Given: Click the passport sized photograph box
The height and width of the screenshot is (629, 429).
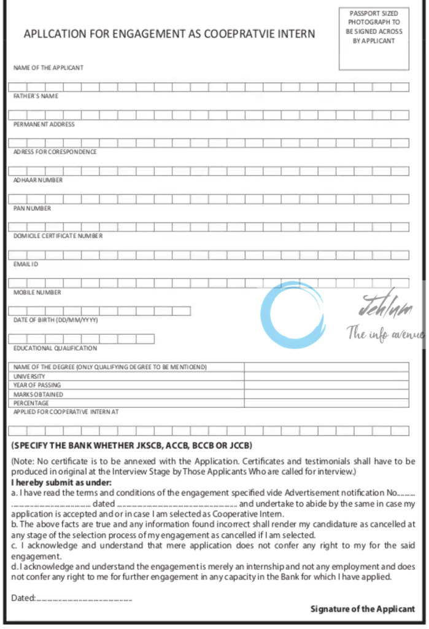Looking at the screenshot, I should (374, 38).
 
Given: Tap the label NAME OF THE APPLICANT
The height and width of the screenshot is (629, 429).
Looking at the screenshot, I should (48, 68).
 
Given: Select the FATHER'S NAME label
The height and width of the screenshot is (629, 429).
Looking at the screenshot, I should (36, 96).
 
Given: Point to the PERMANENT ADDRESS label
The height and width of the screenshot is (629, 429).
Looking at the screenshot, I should (44, 124).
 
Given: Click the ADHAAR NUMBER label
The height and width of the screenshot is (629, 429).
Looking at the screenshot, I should (38, 180).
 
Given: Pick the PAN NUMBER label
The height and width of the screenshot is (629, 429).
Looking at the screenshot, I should (32, 208).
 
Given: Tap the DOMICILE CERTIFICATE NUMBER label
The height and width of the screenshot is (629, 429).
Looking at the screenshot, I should (58, 236).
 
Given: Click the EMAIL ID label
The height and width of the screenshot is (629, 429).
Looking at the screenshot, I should (26, 264).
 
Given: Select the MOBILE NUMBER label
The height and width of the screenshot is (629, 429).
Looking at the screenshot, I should (37, 292).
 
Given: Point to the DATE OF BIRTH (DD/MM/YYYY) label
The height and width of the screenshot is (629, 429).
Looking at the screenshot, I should (56, 320).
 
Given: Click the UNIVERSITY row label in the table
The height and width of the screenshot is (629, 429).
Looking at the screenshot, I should (29, 376).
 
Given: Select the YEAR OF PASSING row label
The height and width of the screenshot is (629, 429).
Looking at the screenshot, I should (37, 385).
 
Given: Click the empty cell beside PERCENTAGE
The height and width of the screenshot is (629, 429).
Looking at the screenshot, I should (326, 403).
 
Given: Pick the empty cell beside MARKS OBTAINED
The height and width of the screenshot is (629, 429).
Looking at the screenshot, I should (326, 394).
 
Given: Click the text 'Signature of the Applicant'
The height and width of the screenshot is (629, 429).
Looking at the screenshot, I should (362, 609).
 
